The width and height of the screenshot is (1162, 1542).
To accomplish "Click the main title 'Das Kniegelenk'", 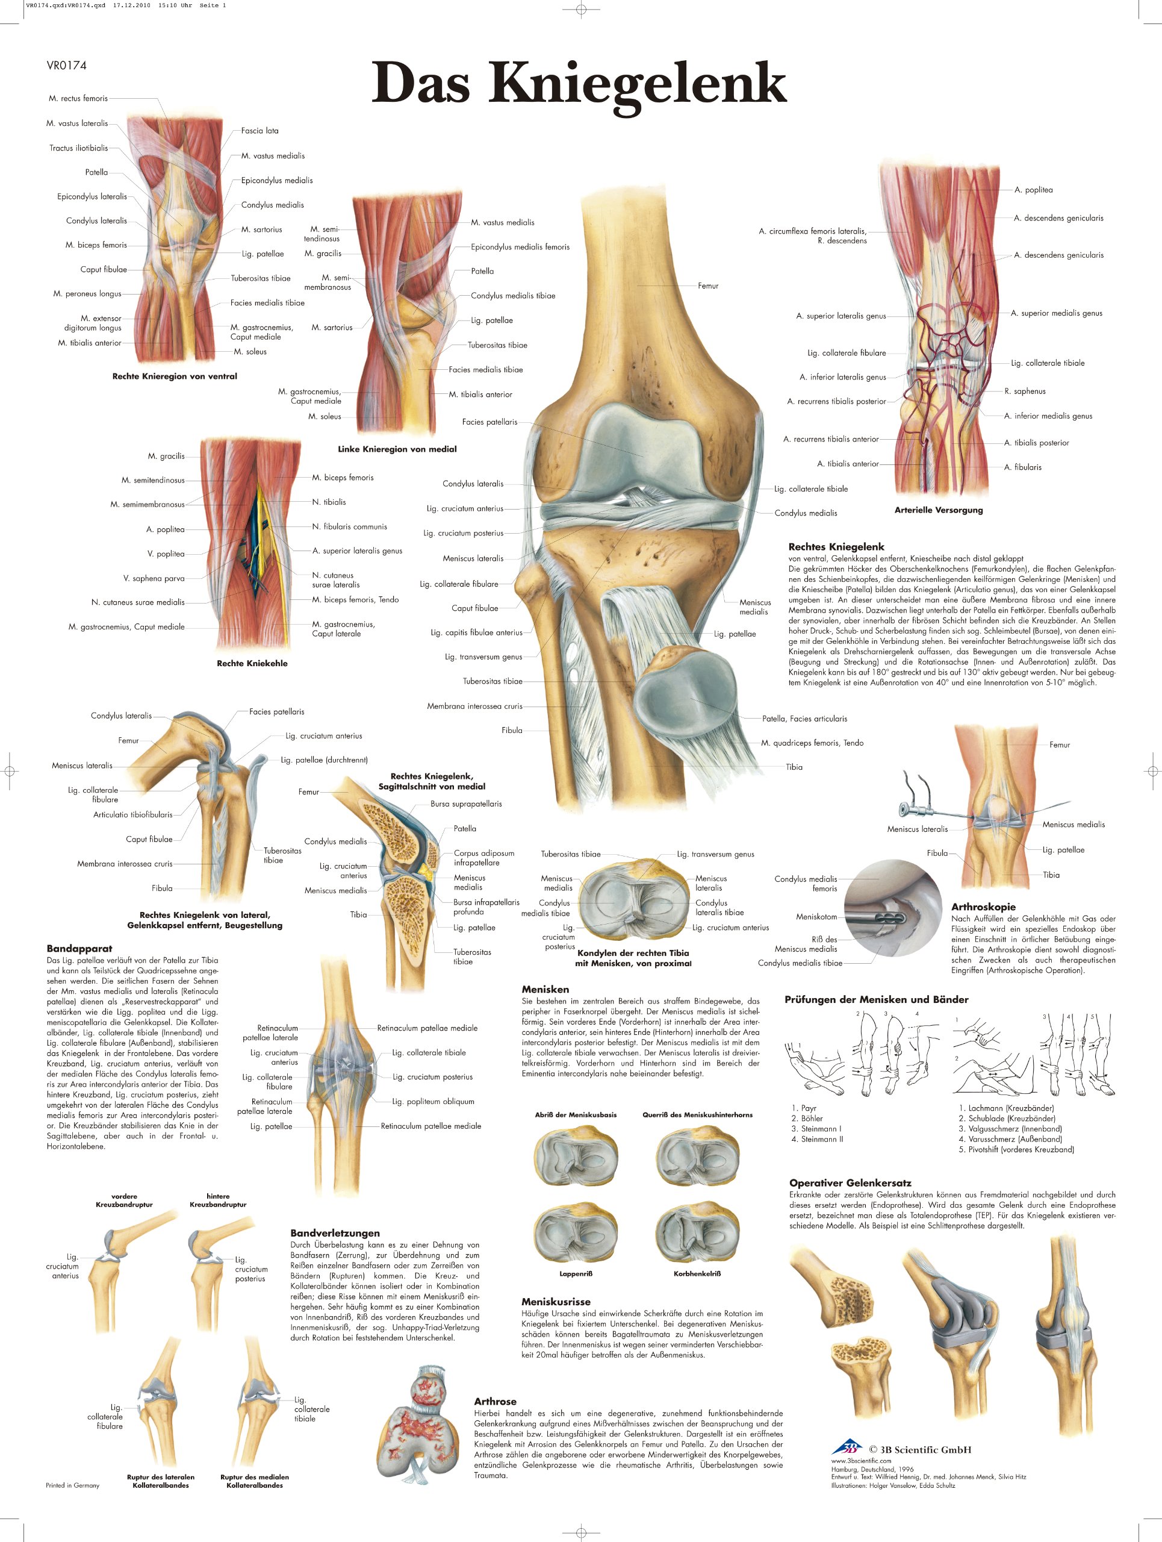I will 579,83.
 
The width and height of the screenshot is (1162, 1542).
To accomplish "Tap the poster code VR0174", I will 66,66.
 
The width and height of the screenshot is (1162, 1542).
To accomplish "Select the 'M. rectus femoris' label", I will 78,98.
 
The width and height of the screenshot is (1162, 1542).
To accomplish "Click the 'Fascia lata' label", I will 260,130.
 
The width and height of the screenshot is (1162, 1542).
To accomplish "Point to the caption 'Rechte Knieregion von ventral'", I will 175,376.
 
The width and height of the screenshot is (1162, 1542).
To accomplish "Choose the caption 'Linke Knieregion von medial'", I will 397,449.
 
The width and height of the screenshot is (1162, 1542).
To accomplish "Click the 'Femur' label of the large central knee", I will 708,286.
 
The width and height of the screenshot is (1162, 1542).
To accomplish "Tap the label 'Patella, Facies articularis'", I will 804,719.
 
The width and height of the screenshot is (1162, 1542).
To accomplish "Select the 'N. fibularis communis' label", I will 349,526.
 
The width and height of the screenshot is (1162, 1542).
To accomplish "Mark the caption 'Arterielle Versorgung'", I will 939,510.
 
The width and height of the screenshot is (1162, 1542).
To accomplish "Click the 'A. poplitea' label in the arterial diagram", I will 1033,190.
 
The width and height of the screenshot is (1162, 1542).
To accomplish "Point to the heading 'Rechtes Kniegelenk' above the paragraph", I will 836,547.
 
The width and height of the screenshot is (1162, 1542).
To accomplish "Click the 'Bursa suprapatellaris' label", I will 465,804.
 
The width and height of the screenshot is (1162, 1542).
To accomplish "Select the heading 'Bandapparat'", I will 79,949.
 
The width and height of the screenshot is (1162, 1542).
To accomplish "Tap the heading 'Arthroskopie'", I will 983,907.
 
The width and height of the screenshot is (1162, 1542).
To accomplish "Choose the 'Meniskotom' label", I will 816,917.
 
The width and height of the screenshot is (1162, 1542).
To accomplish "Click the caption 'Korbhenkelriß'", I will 697,1273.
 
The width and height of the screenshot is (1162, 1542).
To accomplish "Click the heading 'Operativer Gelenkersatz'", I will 850,1183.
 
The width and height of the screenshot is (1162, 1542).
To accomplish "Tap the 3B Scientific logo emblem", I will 848,1446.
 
